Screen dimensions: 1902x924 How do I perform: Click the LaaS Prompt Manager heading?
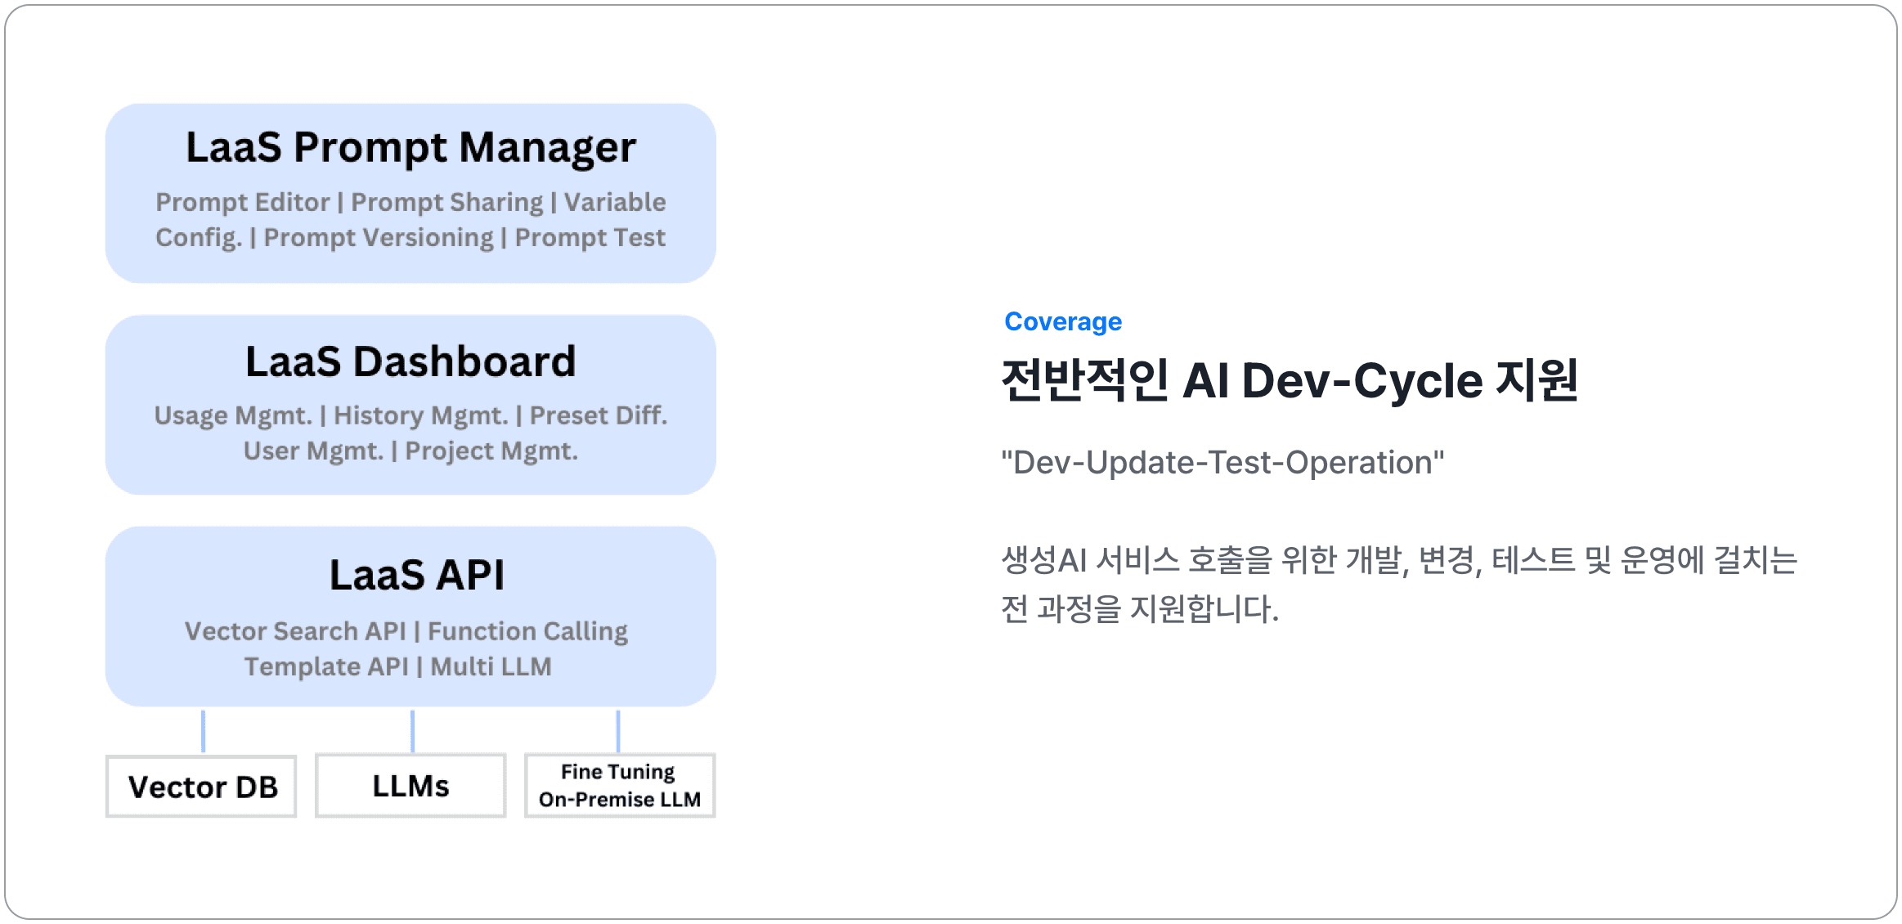point(410,148)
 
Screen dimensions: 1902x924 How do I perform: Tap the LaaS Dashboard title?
point(410,361)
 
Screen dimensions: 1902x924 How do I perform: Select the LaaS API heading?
point(417,575)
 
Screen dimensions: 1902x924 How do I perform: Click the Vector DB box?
point(201,786)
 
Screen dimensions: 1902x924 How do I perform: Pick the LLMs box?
point(410,786)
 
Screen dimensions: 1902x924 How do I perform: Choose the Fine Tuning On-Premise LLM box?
point(620,786)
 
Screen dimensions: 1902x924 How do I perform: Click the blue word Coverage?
point(1063,321)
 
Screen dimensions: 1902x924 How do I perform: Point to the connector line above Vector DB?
point(203,731)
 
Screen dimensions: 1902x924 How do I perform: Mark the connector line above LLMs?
point(412,731)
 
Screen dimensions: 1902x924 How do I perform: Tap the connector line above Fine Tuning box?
point(618,731)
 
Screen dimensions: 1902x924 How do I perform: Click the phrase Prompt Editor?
point(243,202)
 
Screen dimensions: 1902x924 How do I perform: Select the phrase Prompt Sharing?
point(447,202)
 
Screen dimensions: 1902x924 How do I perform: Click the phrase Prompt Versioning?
point(379,238)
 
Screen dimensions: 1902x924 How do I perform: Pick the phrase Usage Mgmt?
point(233,416)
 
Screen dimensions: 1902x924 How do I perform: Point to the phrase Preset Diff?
point(599,415)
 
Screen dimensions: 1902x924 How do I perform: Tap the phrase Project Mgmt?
point(491,451)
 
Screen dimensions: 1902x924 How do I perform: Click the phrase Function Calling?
point(528,631)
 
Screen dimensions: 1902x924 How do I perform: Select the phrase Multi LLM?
point(491,666)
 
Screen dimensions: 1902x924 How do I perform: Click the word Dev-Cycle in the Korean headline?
point(1362,381)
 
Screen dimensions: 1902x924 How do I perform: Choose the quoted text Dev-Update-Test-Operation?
point(1222,463)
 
